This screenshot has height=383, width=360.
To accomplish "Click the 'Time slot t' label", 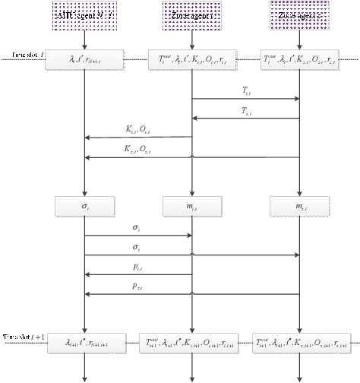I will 27,55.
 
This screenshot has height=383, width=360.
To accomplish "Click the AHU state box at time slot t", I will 84,60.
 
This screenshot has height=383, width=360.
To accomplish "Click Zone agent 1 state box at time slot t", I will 191,60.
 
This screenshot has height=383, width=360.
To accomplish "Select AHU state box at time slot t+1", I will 84,343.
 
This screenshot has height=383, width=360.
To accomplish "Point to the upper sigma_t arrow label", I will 137,227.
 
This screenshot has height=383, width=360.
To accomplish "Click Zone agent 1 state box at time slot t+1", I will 191,343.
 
